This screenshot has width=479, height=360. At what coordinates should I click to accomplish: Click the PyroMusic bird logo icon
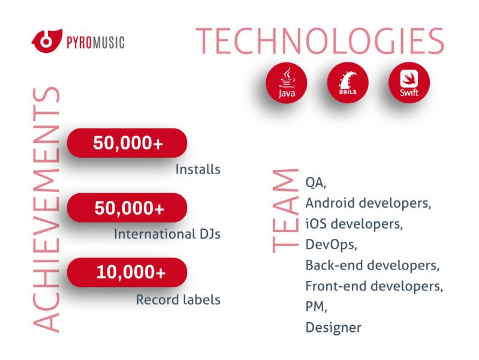click(x=47, y=41)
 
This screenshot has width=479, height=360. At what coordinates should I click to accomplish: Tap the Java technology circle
click(x=287, y=83)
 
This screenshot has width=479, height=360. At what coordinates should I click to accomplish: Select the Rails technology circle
click(x=348, y=83)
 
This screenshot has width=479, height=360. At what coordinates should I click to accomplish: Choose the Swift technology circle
click(x=409, y=83)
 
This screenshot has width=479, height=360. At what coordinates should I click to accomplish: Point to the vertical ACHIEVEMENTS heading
click(x=46, y=209)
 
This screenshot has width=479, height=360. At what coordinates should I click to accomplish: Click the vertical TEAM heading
click(x=285, y=211)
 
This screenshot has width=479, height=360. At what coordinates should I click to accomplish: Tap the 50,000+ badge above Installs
click(x=127, y=143)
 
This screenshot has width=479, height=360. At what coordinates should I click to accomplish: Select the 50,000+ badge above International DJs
click(x=127, y=208)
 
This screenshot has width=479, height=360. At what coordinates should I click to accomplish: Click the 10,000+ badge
click(x=127, y=272)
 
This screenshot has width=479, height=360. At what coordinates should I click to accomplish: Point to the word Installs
click(x=198, y=169)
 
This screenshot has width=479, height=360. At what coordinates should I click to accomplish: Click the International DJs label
click(x=167, y=234)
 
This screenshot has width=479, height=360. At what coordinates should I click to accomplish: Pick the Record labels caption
click(x=178, y=299)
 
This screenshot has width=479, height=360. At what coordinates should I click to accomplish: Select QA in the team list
click(x=316, y=182)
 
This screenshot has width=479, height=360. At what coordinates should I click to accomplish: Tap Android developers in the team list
click(x=368, y=203)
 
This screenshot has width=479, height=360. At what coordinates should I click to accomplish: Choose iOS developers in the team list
click(x=354, y=224)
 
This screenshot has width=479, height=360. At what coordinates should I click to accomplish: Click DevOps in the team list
click(x=331, y=244)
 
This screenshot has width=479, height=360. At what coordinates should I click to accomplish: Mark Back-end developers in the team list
click(x=372, y=265)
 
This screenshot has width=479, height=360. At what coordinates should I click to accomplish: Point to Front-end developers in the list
click(x=374, y=286)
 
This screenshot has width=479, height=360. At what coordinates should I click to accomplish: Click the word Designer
click(x=333, y=328)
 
